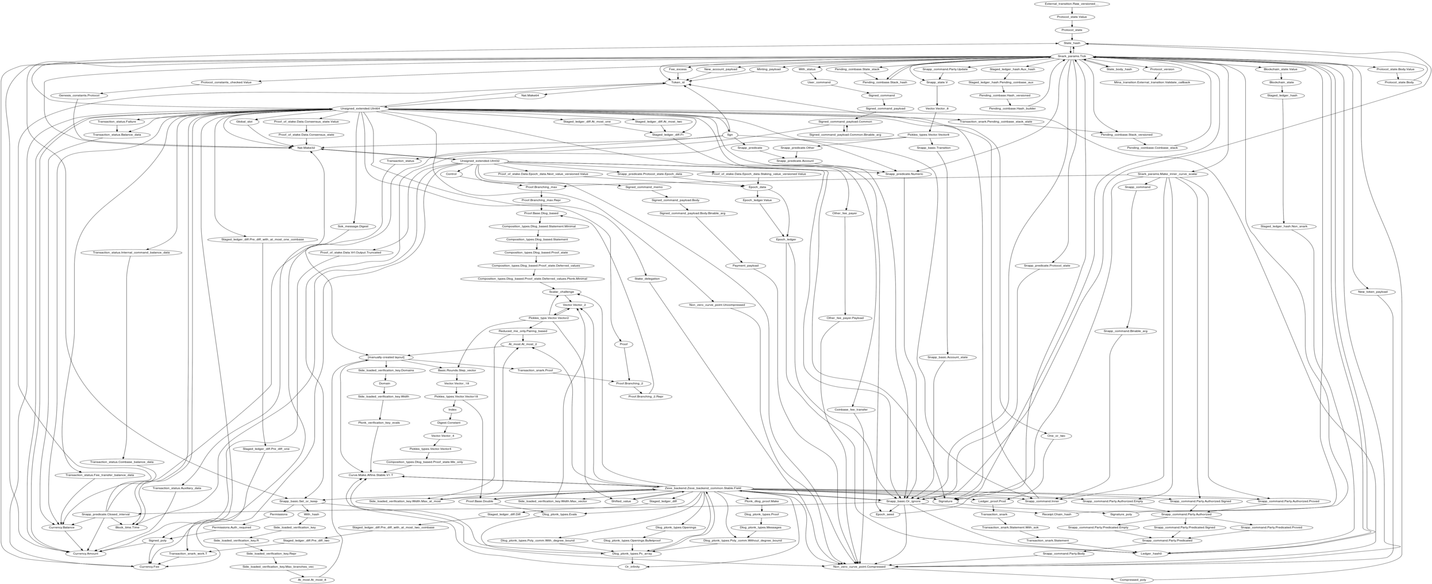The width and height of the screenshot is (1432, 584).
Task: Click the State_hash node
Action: [x=1072, y=43]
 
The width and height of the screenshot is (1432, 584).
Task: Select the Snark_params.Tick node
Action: [x=1072, y=56]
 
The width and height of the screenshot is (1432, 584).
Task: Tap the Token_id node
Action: [x=678, y=82]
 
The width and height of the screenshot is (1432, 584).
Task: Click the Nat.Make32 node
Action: [x=306, y=148]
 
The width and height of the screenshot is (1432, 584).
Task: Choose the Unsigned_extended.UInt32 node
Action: [x=479, y=161]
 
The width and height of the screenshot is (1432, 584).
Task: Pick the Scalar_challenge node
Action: [x=561, y=292]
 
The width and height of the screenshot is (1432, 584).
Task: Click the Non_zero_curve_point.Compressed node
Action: [x=859, y=567]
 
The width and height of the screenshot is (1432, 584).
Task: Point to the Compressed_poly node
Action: [x=1133, y=580]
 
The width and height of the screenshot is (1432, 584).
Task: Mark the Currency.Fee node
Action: [x=150, y=567]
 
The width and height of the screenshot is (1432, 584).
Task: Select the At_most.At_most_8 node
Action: [x=312, y=580]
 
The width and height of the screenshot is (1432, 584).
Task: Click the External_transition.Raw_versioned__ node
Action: [x=1072, y=4]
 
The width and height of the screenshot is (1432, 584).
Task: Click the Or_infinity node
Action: [x=632, y=567]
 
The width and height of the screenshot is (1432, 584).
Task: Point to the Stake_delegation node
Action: [x=647, y=279]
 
